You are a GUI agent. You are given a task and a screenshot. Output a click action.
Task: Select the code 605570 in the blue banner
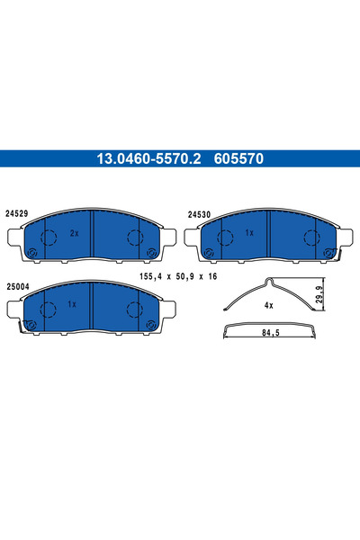(238, 158)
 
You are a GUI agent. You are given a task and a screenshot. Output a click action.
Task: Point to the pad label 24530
(199, 215)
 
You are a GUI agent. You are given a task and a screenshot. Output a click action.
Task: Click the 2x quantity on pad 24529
(75, 232)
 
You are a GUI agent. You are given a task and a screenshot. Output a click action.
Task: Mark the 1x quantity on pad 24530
(250, 233)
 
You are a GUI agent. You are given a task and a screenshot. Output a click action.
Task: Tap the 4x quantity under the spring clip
(267, 305)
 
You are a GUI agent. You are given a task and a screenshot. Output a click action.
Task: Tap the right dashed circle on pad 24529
(134, 238)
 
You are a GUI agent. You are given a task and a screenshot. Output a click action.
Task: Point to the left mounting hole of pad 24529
(31, 252)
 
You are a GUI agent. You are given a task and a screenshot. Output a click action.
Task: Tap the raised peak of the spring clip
(267, 282)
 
